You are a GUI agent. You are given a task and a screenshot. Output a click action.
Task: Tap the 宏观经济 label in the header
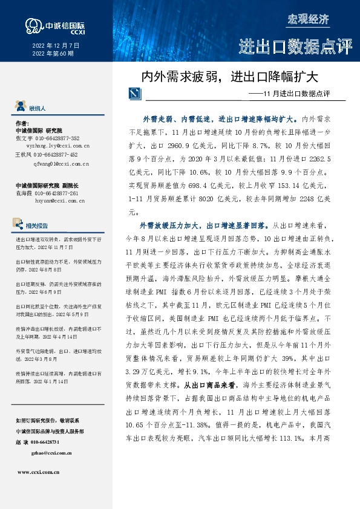point(310,19)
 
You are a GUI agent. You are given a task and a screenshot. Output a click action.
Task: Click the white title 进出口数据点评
point(295,47)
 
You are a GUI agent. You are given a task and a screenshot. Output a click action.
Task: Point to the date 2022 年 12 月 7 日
point(56,45)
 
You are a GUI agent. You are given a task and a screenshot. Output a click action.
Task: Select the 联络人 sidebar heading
point(38,108)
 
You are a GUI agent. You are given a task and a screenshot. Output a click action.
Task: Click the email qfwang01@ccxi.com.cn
point(62,163)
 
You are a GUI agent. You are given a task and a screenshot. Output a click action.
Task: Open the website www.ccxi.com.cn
point(42,472)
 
